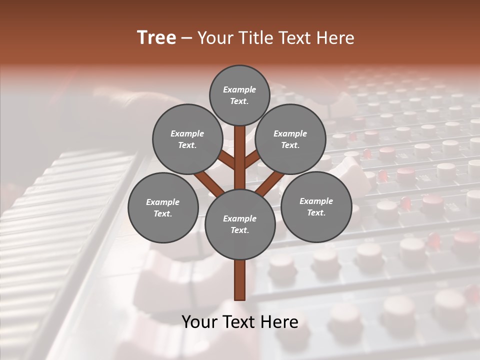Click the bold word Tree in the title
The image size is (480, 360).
click(x=156, y=38)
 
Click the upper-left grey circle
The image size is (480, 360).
click(x=187, y=139)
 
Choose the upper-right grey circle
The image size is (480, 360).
click(x=290, y=139)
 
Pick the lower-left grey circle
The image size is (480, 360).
click(x=163, y=207)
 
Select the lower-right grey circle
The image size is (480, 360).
click(x=316, y=206)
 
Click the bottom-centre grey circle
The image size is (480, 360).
click(x=240, y=224)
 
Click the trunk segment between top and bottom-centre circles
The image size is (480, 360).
click(x=240, y=157)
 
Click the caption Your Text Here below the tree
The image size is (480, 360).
click(x=240, y=322)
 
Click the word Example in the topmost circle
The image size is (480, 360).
click(x=239, y=90)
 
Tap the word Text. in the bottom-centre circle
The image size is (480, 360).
click(x=239, y=230)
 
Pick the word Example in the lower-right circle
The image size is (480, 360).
click(x=316, y=201)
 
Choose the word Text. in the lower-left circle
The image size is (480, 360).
click(x=163, y=214)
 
